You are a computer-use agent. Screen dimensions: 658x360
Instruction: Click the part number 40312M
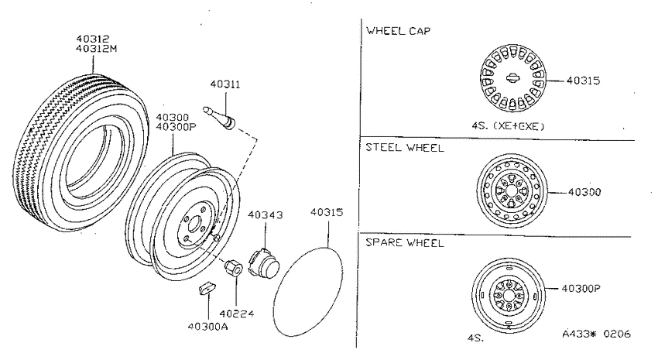click(96, 48)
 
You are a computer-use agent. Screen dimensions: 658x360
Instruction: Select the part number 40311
click(225, 84)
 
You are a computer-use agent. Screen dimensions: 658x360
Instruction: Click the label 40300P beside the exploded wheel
click(176, 127)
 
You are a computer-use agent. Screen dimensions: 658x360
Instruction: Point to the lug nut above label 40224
click(233, 268)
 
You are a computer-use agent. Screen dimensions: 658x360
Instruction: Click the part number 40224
click(236, 314)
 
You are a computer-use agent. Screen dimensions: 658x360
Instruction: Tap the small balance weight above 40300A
click(207, 288)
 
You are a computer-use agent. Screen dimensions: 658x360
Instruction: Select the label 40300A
click(207, 327)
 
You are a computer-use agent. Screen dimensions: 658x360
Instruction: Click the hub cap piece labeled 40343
click(263, 262)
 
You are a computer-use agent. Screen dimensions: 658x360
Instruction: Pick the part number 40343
click(266, 214)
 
